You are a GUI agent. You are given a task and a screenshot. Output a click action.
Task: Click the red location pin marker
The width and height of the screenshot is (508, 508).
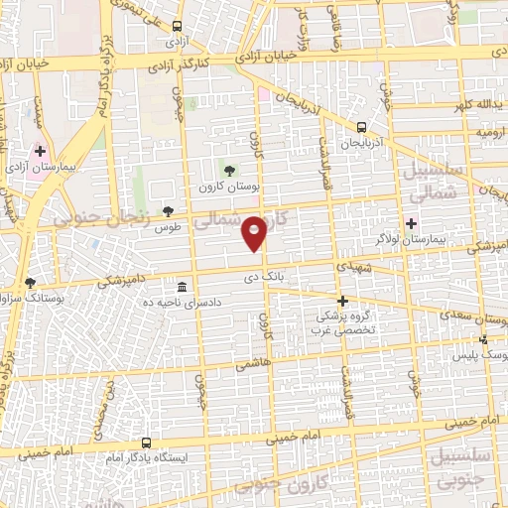tap(255, 233)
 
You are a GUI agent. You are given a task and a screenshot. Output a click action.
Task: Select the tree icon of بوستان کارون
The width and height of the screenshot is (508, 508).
tap(231, 171)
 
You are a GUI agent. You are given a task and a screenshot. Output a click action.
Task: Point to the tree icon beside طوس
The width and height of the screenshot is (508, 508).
tap(169, 210)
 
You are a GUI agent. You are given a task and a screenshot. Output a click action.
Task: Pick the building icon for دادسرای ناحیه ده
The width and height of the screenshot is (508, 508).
tap(181, 285)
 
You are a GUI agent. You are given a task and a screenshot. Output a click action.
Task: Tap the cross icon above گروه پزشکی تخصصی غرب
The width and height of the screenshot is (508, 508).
tap(342, 300)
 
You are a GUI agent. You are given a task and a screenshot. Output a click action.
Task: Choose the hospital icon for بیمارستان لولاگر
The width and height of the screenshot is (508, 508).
tap(411, 224)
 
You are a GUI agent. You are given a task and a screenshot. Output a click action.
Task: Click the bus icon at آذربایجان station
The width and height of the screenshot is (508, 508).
tap(361, 127)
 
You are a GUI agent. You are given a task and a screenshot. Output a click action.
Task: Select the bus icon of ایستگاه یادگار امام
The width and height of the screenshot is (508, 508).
tap(147, 444)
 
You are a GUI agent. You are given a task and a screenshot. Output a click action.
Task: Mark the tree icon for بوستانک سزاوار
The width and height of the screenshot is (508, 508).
tap(30, 283)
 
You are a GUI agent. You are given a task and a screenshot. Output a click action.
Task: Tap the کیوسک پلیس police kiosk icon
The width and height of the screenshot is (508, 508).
tap(483, 339)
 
